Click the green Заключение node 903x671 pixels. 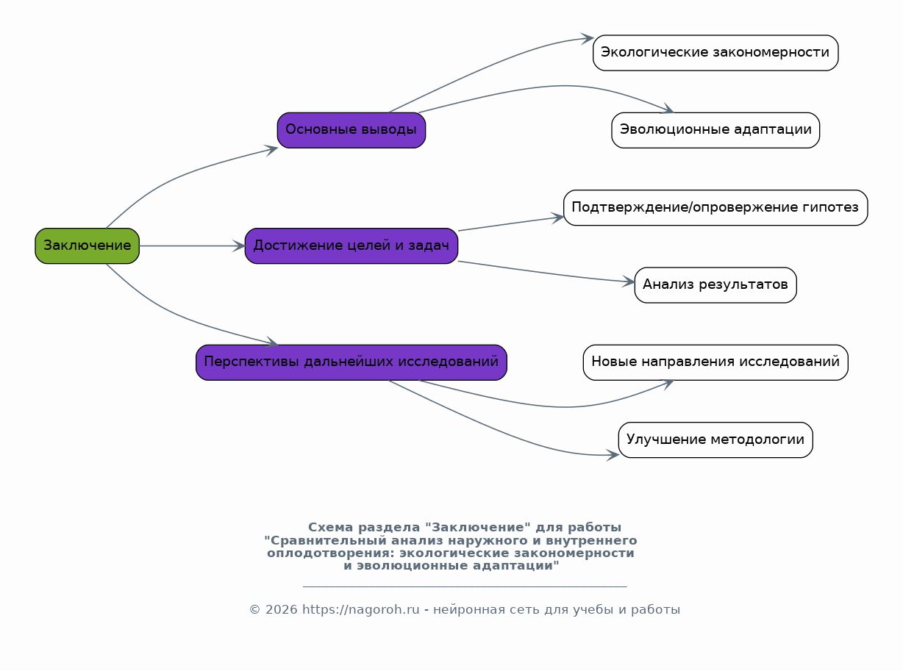tap(87, 245)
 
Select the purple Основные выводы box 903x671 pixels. tap(351, 130)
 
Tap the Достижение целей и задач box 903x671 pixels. tap(351, 245)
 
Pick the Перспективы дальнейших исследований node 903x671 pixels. tap(351, 362)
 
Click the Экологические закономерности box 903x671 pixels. tap(715, 53)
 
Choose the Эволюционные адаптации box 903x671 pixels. tap(715, 130)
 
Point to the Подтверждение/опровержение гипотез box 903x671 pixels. tap(715, 207)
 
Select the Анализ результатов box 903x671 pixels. tap(715, 285)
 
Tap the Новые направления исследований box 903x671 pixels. tap(715, 362)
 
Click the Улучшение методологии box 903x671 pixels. tap(715, 440)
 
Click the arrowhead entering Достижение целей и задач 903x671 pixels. tap(240, 245)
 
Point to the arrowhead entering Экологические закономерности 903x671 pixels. tap(588, 38)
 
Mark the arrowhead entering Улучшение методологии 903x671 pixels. tap(613, 455)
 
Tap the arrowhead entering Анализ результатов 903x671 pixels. tap(629, 281)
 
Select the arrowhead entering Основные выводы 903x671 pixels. tap(272, 150)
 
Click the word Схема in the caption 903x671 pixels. tap(331, 528)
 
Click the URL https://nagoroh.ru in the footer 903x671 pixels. tap(361, 609)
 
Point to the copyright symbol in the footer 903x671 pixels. tap(255, 609)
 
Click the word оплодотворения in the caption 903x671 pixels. tap(331, 553)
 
